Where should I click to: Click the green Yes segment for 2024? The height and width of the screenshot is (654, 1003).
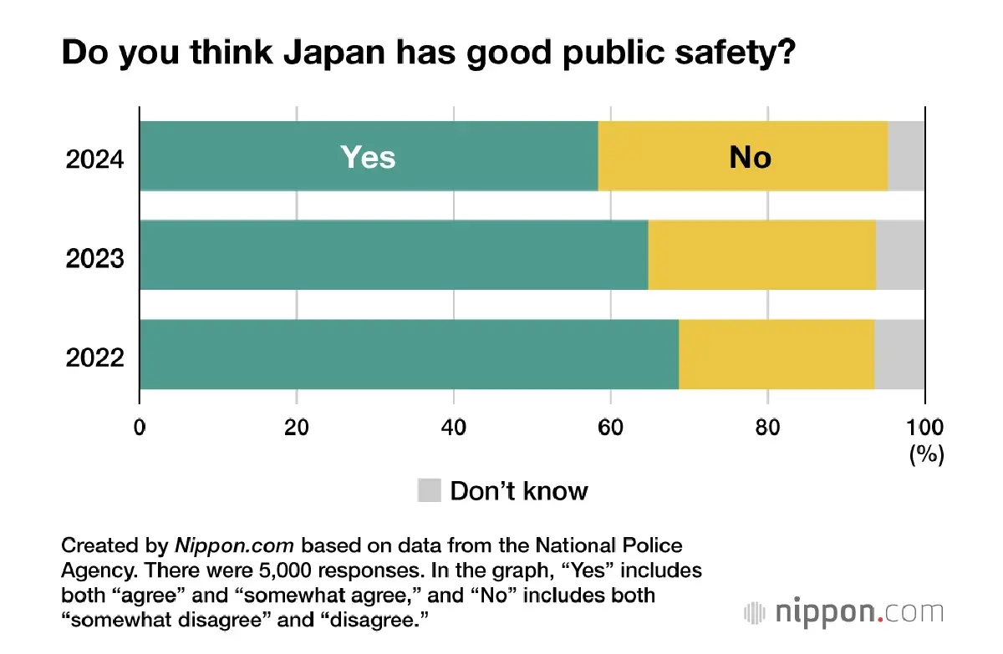(251, 156)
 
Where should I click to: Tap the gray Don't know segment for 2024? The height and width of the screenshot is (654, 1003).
(906, 156)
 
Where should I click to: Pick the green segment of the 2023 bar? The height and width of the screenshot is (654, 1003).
(393, 255)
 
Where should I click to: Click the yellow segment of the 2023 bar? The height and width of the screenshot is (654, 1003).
(761, 255)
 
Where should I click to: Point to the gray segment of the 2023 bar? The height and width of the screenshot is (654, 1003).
(900, 255)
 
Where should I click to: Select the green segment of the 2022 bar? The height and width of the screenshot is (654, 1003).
(409, 354)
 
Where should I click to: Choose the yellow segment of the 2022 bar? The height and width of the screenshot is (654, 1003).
(776, 354)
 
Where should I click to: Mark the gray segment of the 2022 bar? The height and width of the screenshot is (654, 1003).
(899, 354)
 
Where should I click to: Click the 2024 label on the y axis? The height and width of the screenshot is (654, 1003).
(95, 158)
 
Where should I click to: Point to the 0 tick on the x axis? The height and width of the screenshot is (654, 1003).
(140, 428)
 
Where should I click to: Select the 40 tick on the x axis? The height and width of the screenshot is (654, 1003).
(453, 428)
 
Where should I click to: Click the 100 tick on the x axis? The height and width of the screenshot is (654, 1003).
(924, 428)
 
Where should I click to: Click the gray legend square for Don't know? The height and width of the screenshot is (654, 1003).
(429, 490)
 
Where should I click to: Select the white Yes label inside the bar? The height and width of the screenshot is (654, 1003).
(368, 157)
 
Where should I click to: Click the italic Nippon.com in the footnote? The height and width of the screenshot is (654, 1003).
(234, 546)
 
